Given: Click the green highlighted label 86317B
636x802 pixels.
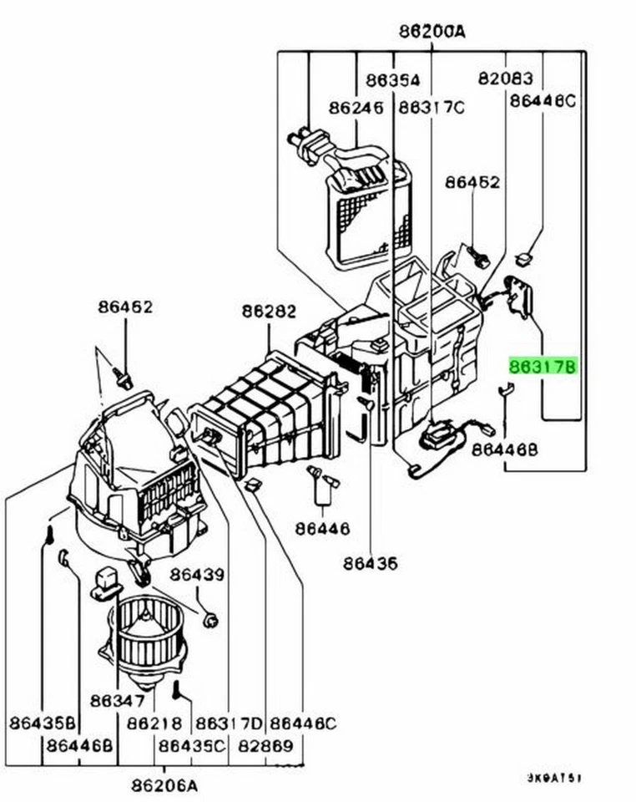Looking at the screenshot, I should (543, 367).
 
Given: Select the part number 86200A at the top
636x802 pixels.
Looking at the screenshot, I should (432, 32).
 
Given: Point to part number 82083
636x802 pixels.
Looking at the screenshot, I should (505, 79).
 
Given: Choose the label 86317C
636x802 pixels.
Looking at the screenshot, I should (431, 108).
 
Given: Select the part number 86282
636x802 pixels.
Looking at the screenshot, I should (269, 312).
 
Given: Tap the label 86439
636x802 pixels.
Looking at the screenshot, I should (197, 576).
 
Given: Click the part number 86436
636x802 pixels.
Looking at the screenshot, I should (370, 563).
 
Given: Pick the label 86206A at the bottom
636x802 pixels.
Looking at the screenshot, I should (164, 785).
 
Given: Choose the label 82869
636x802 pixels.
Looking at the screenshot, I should (265, 744).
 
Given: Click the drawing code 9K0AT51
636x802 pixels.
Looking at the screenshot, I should (553, 778).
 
